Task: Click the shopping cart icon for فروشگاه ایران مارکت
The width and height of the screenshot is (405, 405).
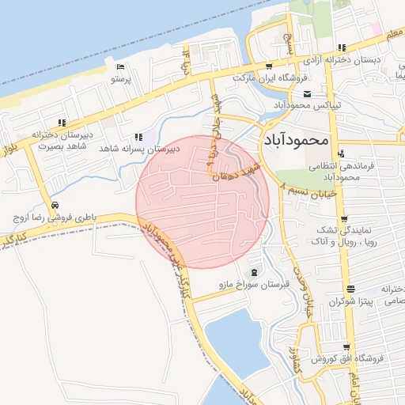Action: [x=270, y=66]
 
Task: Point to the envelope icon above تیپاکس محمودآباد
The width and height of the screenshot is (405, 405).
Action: [x=308, y=94]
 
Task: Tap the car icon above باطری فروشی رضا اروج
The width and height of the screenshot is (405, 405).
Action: [x=53, y=202]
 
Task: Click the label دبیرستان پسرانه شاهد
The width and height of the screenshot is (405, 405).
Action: [x=137, y=148]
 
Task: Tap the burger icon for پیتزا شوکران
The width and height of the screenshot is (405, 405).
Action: [x=350, y=290]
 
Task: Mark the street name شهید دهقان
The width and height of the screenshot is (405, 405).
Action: [x=237, y=172]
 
